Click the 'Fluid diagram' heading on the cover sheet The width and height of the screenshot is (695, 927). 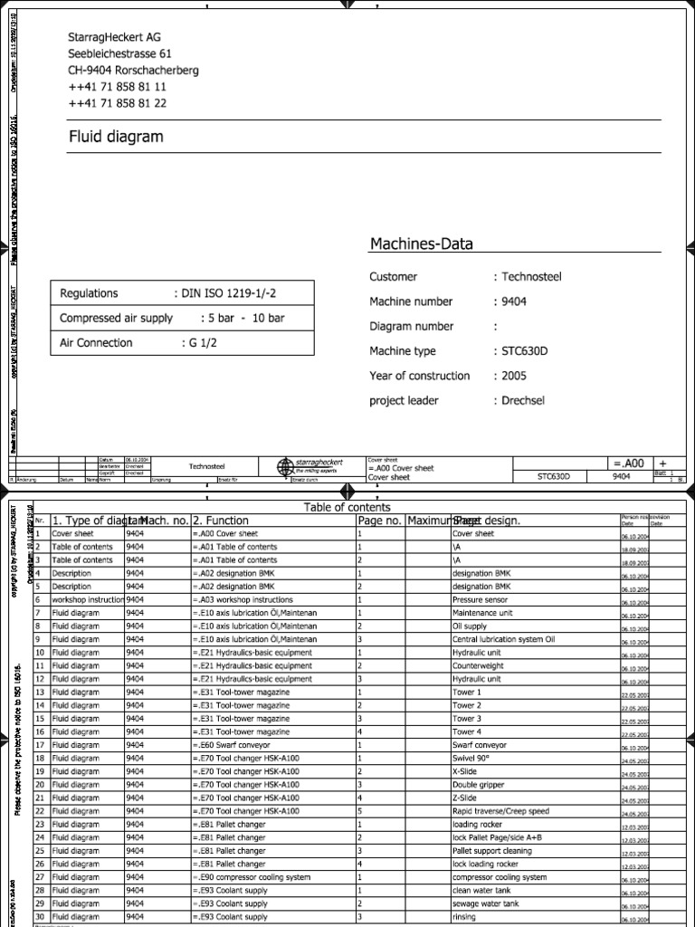(117, 137)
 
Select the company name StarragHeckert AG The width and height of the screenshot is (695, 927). (115, 37)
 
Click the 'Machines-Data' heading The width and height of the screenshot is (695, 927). (421, 244)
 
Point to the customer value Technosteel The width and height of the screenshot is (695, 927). (531, 276)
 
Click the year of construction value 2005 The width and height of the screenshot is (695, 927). (514, 375)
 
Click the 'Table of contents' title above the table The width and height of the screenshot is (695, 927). (347, 507)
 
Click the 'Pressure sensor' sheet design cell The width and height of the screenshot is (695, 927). (484, 599)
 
